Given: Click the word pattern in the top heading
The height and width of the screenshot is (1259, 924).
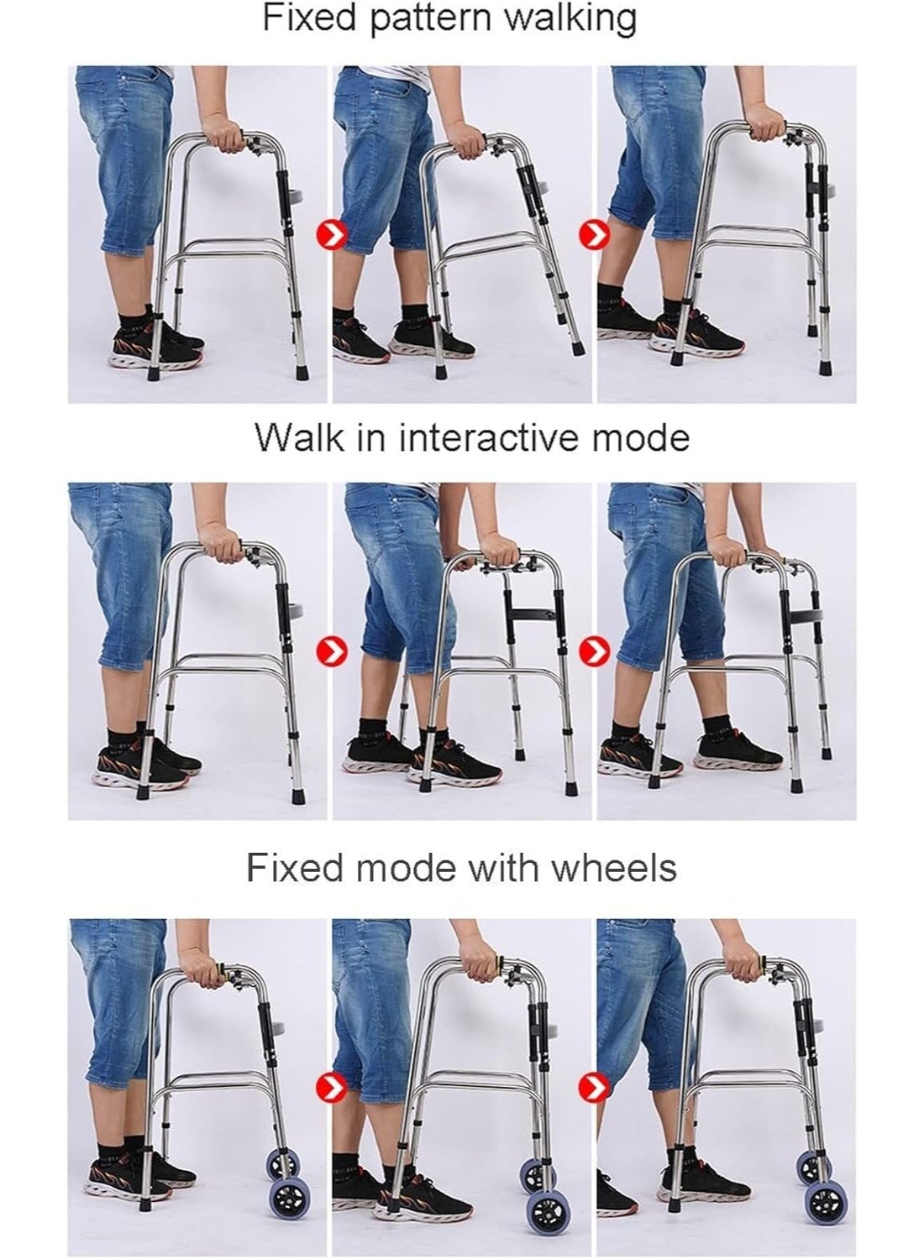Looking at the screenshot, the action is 431,19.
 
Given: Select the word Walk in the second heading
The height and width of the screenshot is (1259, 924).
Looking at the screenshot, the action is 300,436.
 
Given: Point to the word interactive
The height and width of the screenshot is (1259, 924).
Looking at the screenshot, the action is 488,436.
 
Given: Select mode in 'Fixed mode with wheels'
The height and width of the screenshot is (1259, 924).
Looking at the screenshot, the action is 405,868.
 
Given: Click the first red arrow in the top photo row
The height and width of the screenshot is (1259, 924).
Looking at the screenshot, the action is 332,236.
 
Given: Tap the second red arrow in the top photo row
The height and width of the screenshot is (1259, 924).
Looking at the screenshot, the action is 595,234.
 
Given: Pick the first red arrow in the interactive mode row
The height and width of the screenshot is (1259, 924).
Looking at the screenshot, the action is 332,651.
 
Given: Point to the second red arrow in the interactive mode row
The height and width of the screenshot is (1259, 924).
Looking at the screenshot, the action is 595,651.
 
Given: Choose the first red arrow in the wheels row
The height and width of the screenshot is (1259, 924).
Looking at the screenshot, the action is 332,1088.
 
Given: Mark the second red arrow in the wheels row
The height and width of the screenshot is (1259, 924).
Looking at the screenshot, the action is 595,1088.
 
